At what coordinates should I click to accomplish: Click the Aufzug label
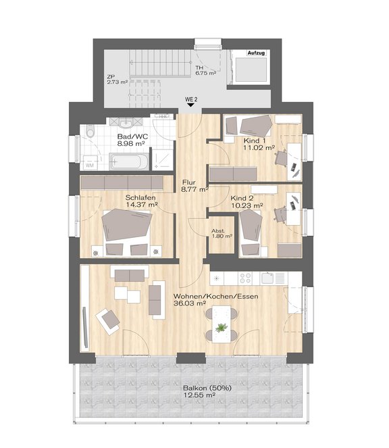tap(256, 53)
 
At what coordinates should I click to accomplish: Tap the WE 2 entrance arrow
tap(191, 105)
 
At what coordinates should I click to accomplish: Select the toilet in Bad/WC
tap(90, 131)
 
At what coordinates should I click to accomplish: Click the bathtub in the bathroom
tap(129, 161)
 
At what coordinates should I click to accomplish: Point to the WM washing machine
tap(90, 163)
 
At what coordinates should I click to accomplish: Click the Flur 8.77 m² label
tap(194, 185)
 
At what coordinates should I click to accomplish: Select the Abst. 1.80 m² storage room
tap(222, 234)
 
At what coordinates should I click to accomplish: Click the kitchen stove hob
tap(245, 278)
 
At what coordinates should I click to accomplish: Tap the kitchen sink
tap(268, 278)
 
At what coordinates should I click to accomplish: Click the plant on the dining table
tap(222, 328)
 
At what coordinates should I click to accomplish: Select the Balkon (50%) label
tap(207, 389)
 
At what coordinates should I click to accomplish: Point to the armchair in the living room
tap(108, 322)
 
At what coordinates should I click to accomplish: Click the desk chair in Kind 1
tap(281, 158)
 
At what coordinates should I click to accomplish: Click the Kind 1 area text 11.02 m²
tap(259, 148)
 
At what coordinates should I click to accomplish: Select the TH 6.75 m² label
tap(205, 70)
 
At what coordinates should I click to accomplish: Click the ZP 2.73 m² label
tap(117, 80)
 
